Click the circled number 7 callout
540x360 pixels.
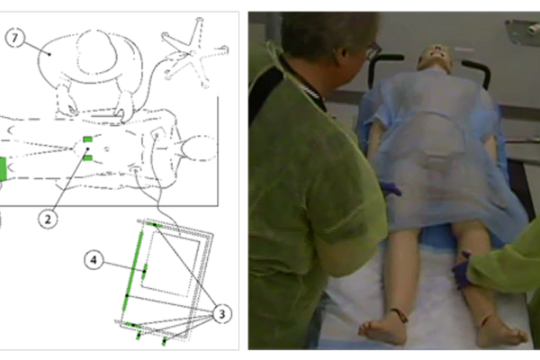tap(14, 38)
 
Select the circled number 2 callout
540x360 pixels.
tap(48, 219)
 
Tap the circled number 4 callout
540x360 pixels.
tap(94, 260)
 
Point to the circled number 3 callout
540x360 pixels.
tap(222, 314)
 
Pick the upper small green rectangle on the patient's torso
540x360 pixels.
tap(88, 139)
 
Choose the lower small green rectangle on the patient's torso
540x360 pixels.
tap(88, 158)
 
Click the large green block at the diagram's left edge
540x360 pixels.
tap(3, 169)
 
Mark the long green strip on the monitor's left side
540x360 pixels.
tap(133, 270)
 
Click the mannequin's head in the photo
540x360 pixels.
tap(435, 58)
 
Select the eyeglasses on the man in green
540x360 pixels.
tap(373, 51)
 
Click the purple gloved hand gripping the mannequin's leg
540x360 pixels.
tap(462, 270)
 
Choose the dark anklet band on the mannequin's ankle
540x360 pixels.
tap(400, 315)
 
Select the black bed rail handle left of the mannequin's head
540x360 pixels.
tap(382, 69)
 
